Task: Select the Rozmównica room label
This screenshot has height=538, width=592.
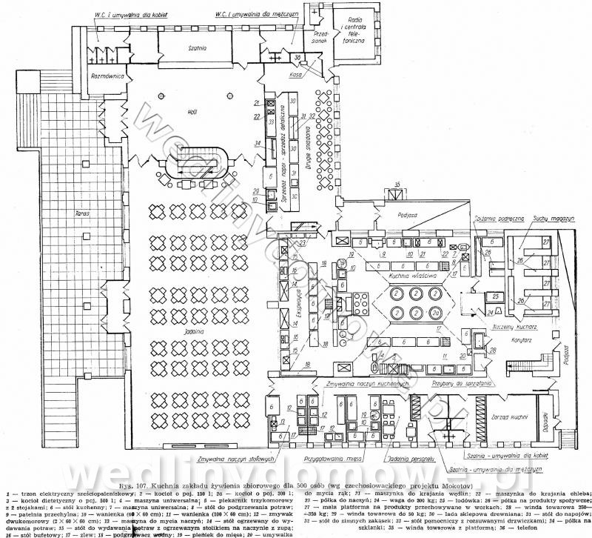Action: [x=107, y=76]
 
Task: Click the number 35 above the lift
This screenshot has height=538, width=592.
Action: [x=397, y=183]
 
